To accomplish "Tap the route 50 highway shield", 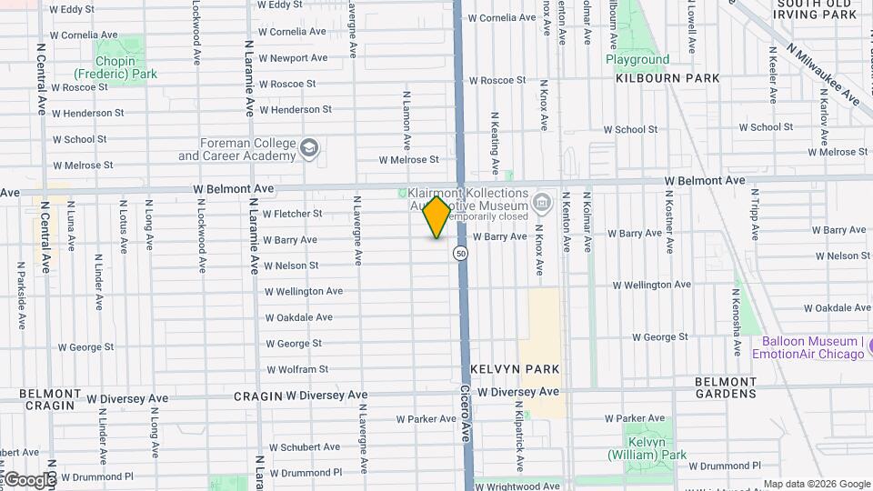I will coord(462,254).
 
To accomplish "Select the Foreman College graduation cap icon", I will coord(310,148).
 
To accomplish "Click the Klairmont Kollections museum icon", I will coord(543,201).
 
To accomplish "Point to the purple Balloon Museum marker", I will coord(867,346).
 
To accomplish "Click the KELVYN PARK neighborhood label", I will coord(515,369).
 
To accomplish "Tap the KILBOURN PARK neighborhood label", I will coord(667,78).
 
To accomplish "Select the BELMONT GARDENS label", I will coord(725,387).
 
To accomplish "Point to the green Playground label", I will coord(637,60).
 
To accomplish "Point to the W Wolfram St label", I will coord(297,370).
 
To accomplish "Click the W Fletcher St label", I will coord(292,215).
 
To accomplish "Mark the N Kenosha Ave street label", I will coord(737,310).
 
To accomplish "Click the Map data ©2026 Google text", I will coord(816,484).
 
